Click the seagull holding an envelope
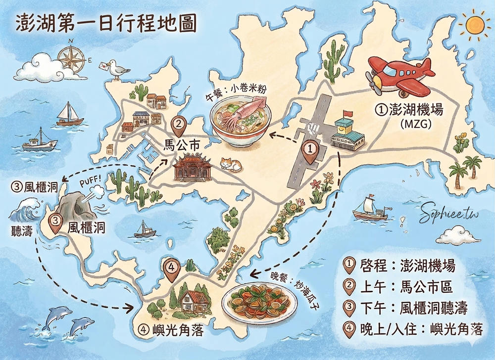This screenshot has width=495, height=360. [116, 69]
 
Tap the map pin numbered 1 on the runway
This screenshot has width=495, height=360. [310, 151]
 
